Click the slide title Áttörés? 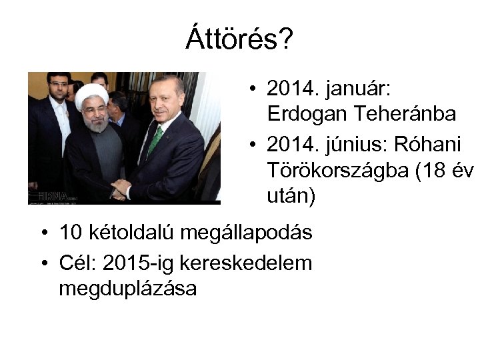pos(239,39)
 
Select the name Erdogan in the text pos(306,114)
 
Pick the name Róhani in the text pos(436,145)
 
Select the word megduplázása pos(127,289)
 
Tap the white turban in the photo pos(92,97)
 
